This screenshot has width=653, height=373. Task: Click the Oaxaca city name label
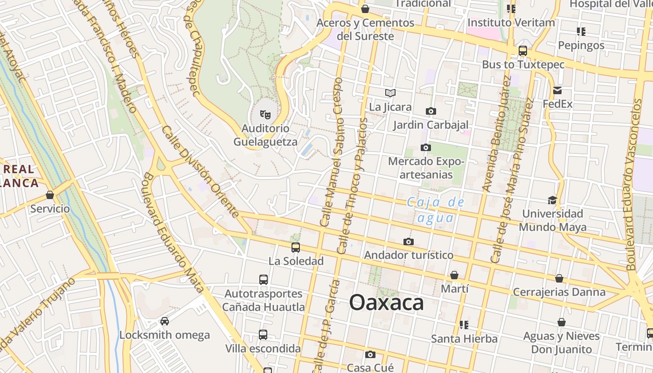click(386, 303)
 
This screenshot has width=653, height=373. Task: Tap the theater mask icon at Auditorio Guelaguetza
click(265, 114)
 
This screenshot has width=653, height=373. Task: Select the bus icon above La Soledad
click(296, 248)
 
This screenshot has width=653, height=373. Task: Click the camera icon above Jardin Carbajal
click(431, 111)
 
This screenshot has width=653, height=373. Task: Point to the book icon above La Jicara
click(390, 93)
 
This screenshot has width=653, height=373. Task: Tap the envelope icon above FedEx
click(557, 90)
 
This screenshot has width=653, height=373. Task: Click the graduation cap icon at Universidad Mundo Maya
click(552, 200)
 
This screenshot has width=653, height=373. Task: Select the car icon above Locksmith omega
click(164, 321)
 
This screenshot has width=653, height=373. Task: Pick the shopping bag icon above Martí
click(454, 276)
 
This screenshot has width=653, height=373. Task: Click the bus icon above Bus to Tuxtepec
click(523, 51)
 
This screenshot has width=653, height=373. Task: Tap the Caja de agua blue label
click(436, 210)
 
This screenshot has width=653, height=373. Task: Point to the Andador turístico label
click(409, 255)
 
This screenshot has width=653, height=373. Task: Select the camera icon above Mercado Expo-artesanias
click(425, 148)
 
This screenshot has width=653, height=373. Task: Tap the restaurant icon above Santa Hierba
click(464, 325)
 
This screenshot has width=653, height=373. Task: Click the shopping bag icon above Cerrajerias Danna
click(559, 279)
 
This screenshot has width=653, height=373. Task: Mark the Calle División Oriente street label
click(201, 171)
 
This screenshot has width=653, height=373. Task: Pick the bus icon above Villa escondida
click(263, 335)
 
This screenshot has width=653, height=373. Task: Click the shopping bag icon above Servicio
click(50, 195)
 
